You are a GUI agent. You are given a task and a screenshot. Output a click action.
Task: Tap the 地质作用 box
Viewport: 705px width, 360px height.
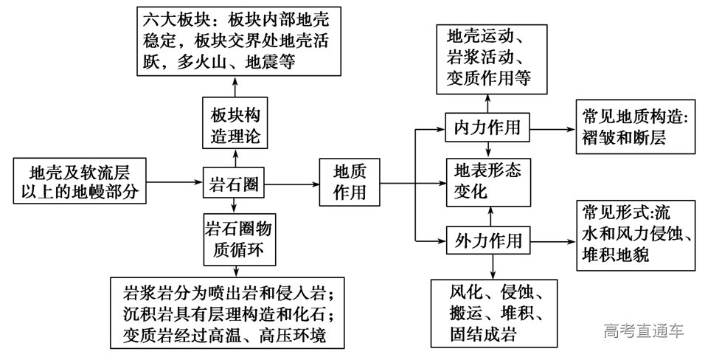click(x=348, y=181)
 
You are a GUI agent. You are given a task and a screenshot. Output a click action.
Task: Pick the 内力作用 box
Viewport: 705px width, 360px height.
click(x=487, y=127)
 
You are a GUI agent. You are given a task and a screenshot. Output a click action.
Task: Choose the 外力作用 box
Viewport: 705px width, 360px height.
click(x=487, y=240)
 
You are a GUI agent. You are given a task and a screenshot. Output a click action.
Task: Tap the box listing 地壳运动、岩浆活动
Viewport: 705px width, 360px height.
click(x=487, y=56)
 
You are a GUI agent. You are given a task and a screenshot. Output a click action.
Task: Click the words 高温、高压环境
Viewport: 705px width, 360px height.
click(x=281, y=336)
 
